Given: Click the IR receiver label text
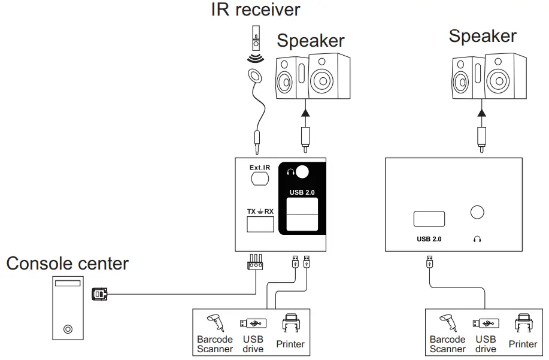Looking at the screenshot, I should point(256,10).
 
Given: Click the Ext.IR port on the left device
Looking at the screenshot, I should point(260,178).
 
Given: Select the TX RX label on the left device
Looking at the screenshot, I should point(260,211).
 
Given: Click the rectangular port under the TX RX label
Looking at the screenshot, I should point(260,224).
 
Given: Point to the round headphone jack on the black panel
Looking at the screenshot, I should point(302,173).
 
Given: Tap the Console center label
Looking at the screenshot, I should point(67,263).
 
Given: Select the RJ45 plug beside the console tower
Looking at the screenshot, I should point(99,294).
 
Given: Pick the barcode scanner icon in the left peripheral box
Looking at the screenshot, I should point(214,323).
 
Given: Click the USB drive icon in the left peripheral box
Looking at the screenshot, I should point(252,323).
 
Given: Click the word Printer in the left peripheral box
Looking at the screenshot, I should point(290,344).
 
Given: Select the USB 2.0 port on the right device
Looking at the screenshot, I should point(429,219).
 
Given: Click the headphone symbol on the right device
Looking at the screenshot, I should point(477,238).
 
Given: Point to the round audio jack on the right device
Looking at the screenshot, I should point(477,213).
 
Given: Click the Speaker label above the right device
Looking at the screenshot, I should point(483,36).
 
